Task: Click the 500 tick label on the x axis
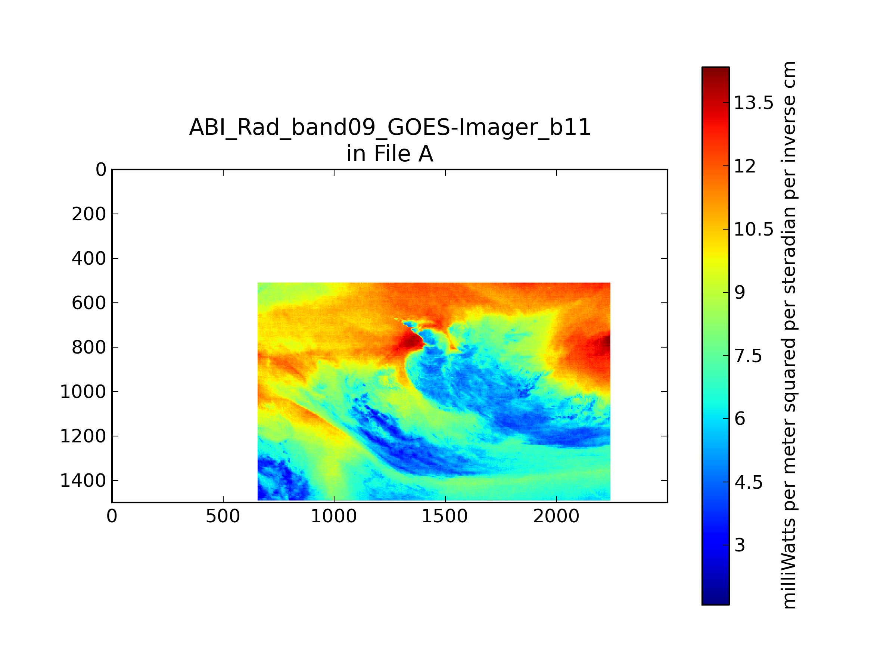223,516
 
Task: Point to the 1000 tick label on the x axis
334,516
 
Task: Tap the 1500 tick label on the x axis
445,516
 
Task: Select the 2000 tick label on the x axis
556,516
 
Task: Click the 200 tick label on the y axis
89,214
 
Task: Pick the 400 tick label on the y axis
89,258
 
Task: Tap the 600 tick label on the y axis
89,303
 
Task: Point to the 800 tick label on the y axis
89,348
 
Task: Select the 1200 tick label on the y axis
83,436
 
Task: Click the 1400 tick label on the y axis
83,481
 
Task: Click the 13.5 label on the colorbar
754,103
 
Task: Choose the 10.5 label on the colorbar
754,230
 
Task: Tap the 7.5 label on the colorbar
748,356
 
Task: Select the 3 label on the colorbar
740,545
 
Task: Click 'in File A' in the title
390,154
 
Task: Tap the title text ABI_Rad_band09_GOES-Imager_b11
390,128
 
